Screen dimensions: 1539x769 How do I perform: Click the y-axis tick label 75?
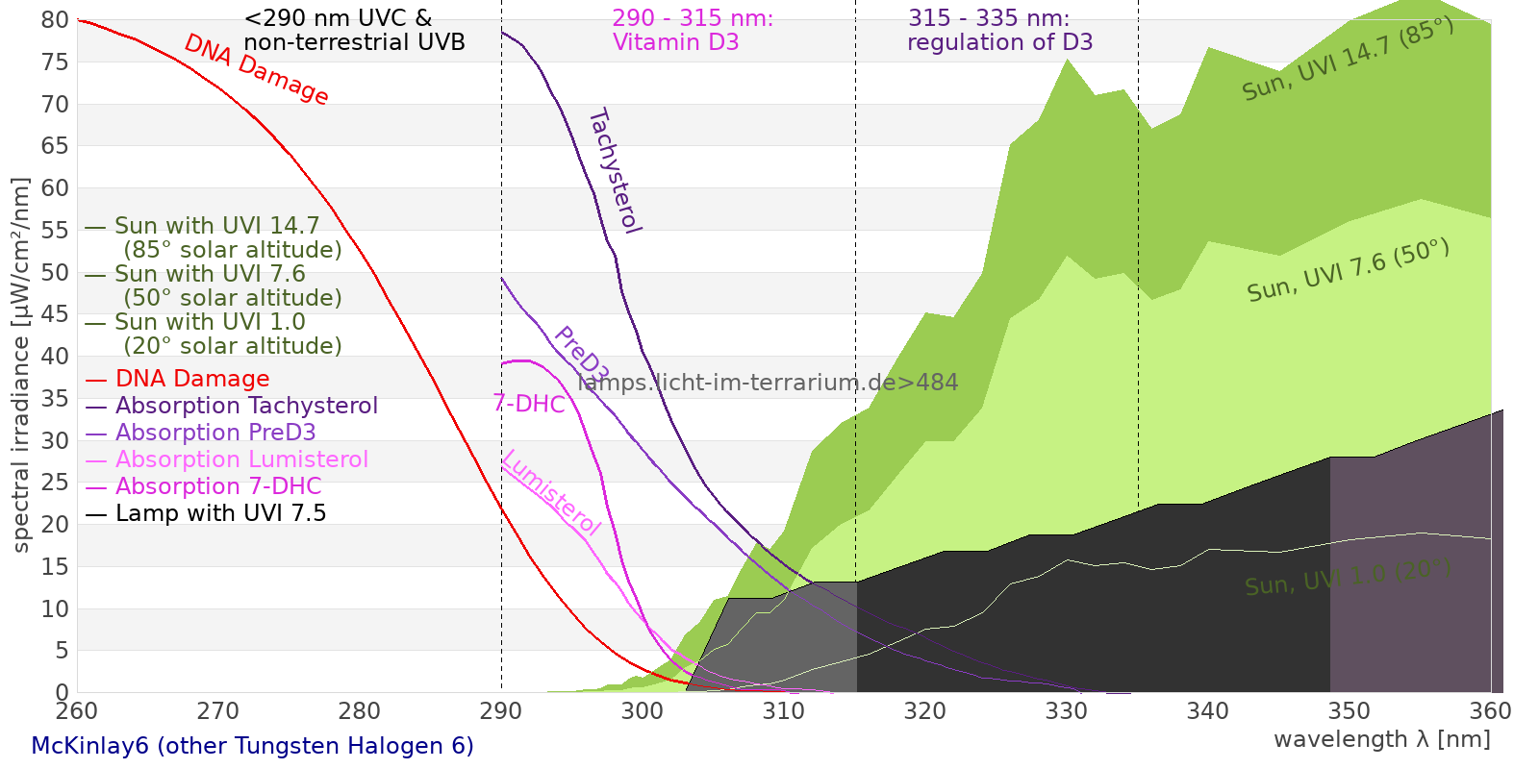click(x=55, y=62)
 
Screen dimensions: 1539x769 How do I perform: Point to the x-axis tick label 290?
click(x=501, y=710)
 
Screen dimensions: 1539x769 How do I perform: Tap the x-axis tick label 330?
click(x=1067, y=710)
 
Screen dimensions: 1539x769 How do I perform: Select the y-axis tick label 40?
click(x=55, y=357)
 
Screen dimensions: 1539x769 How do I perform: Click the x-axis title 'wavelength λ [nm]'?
click(x=1382, y=739)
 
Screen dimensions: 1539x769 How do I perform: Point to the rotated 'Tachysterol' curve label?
click(x=616, y=171)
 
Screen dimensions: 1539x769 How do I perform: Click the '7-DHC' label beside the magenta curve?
click(x=529, y=404)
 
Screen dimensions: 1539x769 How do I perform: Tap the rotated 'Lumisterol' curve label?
click(x=552, y=493)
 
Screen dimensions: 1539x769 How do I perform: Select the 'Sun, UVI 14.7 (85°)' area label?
click(x=1348, y=59)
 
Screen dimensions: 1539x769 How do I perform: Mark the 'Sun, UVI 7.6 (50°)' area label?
click(x=1349, y=270)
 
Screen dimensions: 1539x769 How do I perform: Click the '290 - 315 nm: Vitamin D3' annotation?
click(x=693, y=30)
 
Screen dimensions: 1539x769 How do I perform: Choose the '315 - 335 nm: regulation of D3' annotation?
click(x=999, y=30)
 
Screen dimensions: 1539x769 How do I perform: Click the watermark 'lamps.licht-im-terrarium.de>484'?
click(x=768, y=383)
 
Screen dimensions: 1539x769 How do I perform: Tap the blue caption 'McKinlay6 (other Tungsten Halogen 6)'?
click(x=252, y=746)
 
